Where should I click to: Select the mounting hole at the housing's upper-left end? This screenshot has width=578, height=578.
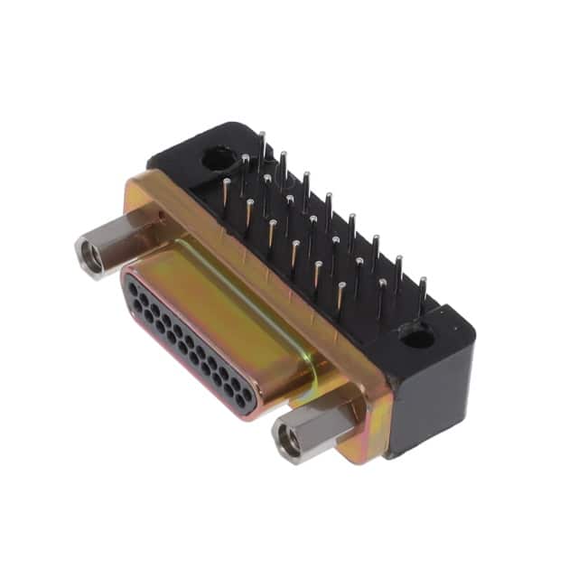218,161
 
